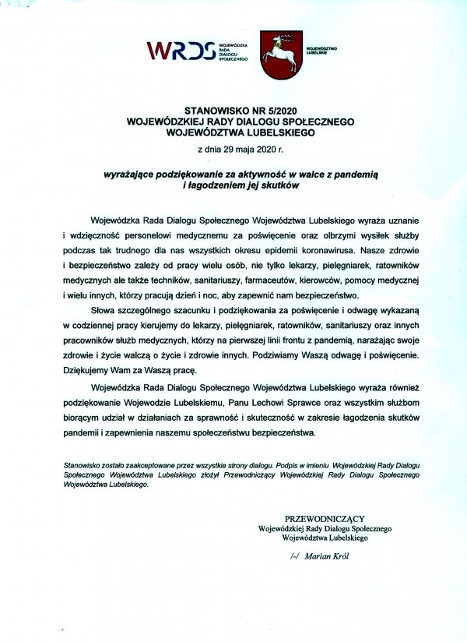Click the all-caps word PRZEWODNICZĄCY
[325, 518]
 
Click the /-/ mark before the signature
[294, 556]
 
